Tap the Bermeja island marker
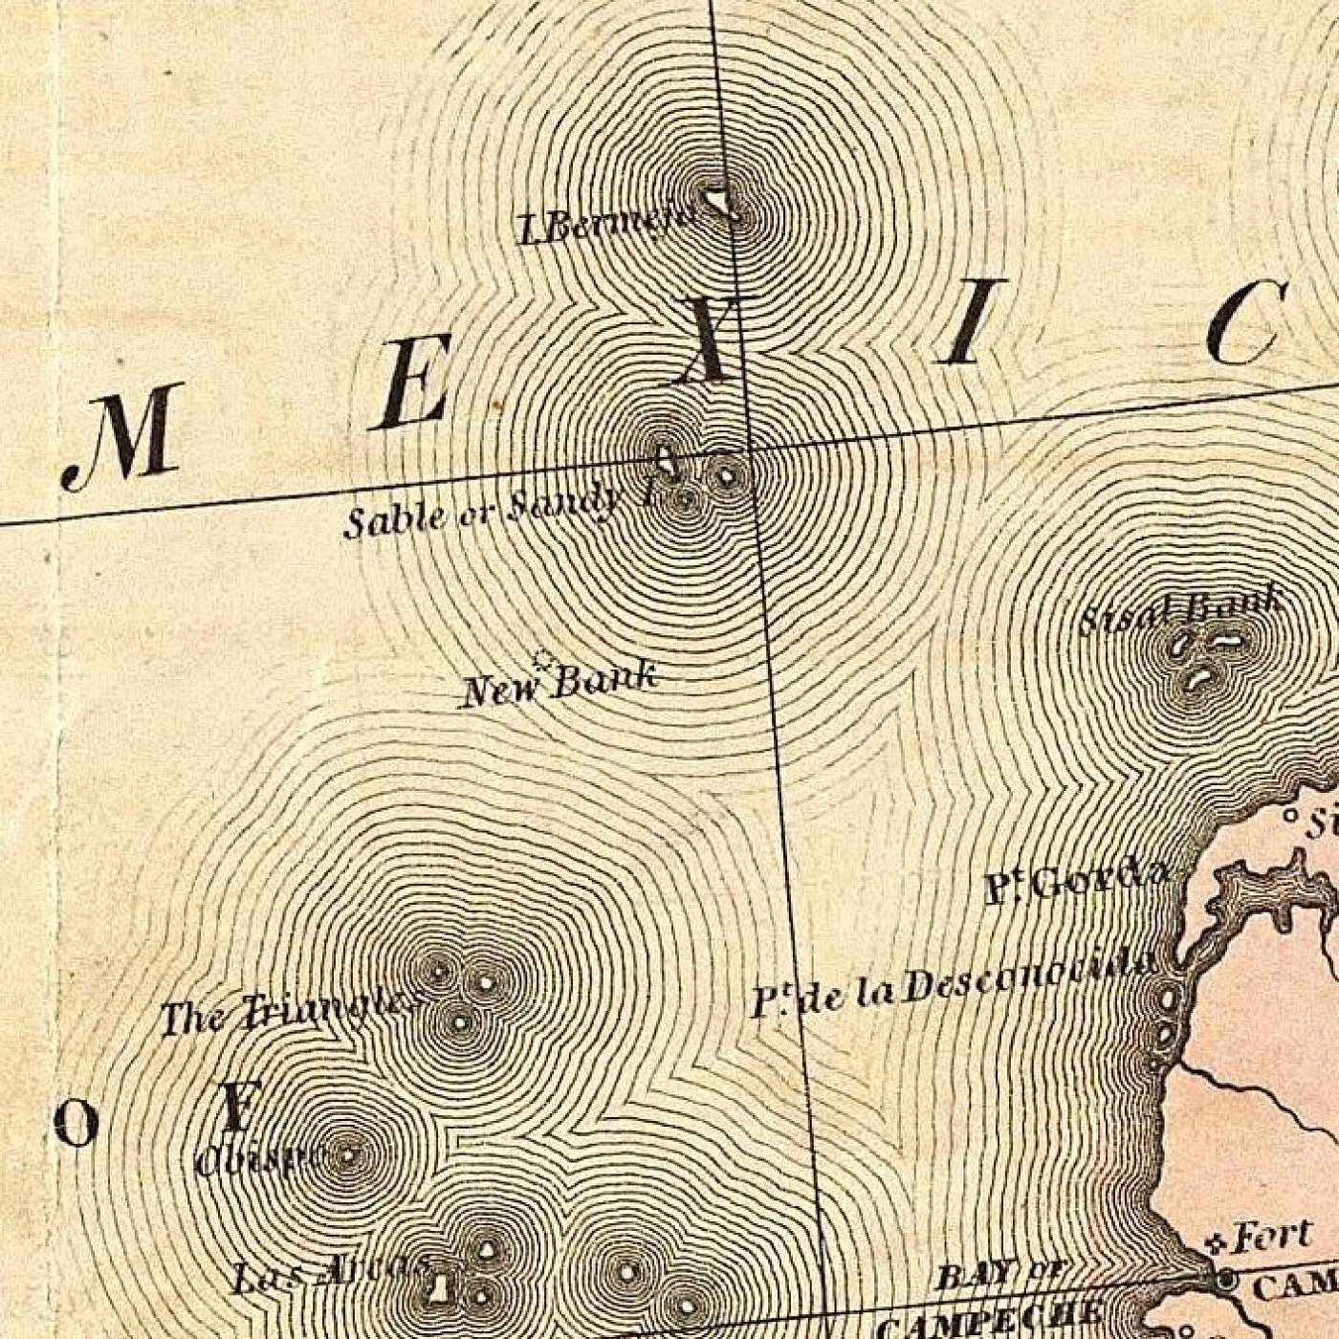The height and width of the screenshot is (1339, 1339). click(x=719, y=202)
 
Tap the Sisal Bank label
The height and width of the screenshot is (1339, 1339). click(x=1181, y=610)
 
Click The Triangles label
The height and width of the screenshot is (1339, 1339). click(x=289, y=1014)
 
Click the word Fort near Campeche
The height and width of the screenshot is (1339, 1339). click(x=1271, y=1237)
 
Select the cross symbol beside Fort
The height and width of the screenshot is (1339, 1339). click(x=1217, y=1244)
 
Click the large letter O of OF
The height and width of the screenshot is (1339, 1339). click(x=77, y=1123)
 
